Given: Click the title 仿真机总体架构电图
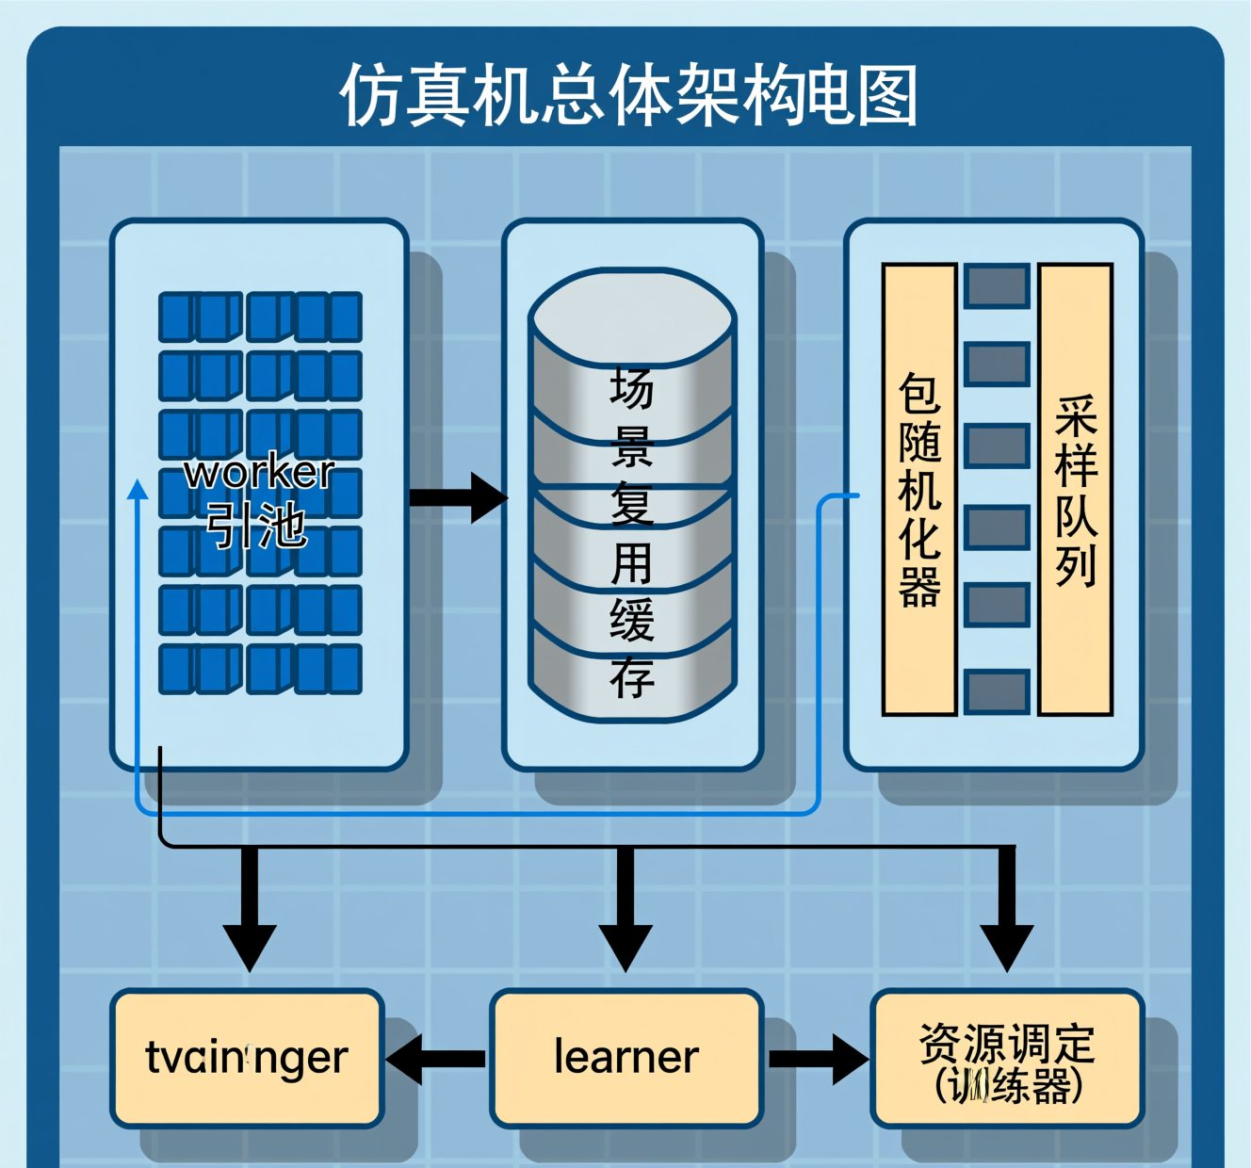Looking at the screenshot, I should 628,94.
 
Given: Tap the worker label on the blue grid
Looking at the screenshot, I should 259,472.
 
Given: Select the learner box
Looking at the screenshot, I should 625,1058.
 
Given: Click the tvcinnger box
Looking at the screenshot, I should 247,1058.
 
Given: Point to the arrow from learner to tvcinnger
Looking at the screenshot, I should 435,1059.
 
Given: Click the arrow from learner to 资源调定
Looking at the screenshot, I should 818,1059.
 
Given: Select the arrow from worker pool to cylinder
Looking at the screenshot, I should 459,497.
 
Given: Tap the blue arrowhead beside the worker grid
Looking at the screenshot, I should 138,489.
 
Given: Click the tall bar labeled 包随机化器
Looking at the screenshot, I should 919,490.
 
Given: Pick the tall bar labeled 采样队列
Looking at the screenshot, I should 1075,490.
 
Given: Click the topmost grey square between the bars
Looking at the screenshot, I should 997,285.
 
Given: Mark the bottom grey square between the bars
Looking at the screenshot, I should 997,691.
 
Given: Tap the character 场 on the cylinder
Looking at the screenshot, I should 631,389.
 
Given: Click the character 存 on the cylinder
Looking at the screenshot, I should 631,678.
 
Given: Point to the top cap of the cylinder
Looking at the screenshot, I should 631,316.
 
